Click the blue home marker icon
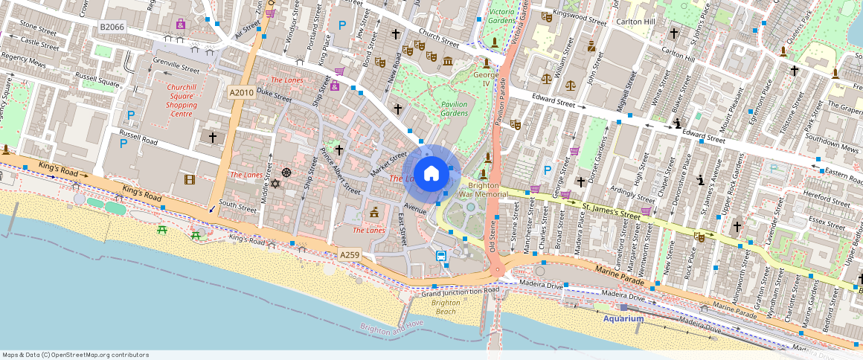431,174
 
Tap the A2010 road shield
241,92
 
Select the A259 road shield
350,255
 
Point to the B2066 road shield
112,27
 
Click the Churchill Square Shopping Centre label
182,100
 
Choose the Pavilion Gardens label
454,109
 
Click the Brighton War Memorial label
483,190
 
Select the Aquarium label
623,318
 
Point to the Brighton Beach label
446,307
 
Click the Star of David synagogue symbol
274,183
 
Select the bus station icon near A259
441,257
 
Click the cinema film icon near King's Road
190,179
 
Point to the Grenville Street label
176,68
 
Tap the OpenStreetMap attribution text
75,355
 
